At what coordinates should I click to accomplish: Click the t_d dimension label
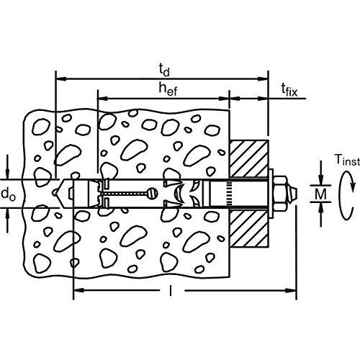tap(164, 71)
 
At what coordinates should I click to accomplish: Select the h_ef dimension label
tap(168, 89)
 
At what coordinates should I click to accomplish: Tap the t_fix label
tap(289, 90)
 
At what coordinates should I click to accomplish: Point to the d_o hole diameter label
tap(9, 194)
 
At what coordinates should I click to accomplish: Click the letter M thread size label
tap(320, 194)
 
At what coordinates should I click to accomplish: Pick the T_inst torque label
tap(347, 160)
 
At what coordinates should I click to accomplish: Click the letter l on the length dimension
tap(171, 290)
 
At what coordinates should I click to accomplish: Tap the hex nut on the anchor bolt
tap(280, 194)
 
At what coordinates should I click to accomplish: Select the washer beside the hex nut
tap(271, 194)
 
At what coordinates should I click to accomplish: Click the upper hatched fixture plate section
tap(249, 159)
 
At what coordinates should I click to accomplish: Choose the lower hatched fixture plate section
tap(249, 228)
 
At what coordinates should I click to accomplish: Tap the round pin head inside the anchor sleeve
tap(153, 194)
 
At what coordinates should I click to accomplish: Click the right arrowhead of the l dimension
tap(291, 290)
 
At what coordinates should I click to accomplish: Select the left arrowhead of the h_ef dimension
tap(103, 98)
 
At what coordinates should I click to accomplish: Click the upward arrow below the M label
tap(321, 215)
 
